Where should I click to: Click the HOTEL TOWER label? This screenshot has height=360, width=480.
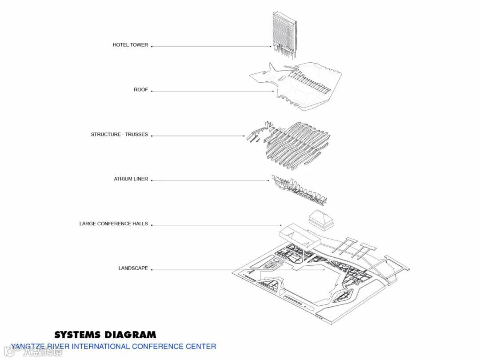click(x=130, y=45)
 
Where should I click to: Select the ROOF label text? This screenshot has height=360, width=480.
click(x=141, y=90)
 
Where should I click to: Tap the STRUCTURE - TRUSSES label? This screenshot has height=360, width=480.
click(x=119, y=134)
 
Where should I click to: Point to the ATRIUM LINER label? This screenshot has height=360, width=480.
click(x=131, y=179)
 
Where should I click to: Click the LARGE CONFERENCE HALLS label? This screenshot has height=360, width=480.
click(x=114, y=224)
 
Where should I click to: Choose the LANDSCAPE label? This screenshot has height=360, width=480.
click(x=133, y=268)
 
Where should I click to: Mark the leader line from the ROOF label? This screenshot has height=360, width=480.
click(x=213, y=91)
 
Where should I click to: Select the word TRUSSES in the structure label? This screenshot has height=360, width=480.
click(x=136, y=134)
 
